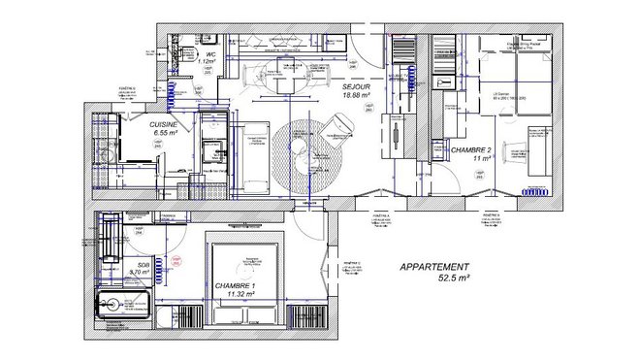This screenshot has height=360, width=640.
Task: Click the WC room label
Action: pos(210,54)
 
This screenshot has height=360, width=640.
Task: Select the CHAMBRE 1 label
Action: pos(233,284)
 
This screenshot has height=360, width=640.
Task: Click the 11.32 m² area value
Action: pos(234,293)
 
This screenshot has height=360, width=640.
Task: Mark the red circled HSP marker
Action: pos(176,260)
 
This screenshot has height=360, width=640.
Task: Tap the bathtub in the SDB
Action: pos(120,305)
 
